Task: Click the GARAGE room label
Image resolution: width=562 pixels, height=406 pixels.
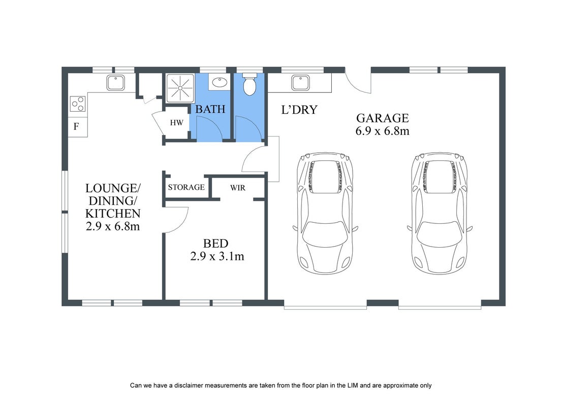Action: [x=383, y=118]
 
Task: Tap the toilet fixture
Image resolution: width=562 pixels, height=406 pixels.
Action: [x=249, y=84]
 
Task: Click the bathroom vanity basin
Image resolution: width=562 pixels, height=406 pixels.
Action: [x=220, y=82]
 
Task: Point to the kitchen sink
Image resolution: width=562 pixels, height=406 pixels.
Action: [x=115, y=83]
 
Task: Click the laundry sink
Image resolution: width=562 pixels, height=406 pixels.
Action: [x=300, y=83]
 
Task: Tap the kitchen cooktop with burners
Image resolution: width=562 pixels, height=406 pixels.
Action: [x=78, y=104]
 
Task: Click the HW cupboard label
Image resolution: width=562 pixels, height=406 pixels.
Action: [x=176, y=123]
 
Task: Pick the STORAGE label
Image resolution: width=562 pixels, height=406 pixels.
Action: [x=186, y=187]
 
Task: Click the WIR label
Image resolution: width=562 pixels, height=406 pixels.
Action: [x=238, y=188]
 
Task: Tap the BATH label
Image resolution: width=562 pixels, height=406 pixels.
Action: [x=210, y=109]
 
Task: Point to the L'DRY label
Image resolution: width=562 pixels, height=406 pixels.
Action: [x=299, y=110]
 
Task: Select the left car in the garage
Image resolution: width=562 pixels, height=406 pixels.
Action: [x=325, y=213]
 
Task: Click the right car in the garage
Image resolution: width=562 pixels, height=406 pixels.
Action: [x=440, y=213]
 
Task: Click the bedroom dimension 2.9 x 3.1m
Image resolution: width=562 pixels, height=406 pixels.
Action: [x=217, y=256]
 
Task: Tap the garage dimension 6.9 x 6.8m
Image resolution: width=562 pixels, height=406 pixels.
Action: [x=383, y=131]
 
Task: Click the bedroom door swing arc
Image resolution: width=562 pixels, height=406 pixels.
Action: [x=182, y=224]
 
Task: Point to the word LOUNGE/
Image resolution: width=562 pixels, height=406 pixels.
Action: [x=113, y=188]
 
